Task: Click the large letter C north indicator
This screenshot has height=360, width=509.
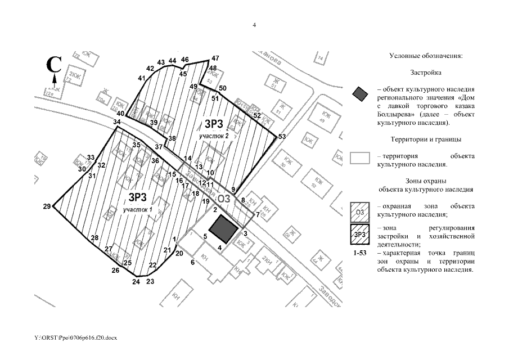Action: (53, 64)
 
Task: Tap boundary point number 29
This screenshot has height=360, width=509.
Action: (47, 206)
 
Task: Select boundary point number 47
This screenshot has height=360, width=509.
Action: (214, 58)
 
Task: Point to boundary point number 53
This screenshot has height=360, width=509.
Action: (282, 137)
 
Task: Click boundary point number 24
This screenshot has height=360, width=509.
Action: (136, 282)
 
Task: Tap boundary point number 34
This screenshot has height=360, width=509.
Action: (116, 122)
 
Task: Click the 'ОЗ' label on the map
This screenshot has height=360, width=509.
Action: (224, 198)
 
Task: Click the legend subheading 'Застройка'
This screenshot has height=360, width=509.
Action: (425, 73)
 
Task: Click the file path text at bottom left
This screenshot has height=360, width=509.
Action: (75, 339)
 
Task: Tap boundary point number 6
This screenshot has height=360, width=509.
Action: (192, 262)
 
